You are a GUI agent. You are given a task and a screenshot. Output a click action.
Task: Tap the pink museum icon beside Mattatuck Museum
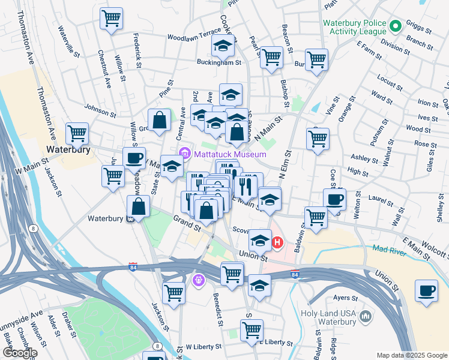pyautogui.click(x=184, y=154)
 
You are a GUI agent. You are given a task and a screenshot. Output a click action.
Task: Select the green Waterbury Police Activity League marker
pyautogui.click(x=396, y=27)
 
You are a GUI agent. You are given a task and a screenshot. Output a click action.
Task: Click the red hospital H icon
pyautogui.click(x=277, y=243)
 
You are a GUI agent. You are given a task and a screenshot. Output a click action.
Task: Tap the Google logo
pyautogui.click(x=19, y=352)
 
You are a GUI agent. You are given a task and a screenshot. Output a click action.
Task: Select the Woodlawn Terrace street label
pyautogui.click(x=190, y=37)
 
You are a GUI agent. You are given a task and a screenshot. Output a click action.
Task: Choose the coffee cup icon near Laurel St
pyautogui.click(x=334, y=199)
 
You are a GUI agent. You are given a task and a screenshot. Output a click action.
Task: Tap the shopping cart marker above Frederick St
pyautogui.click(x=111, y=18)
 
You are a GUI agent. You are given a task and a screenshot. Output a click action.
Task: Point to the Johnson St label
pyautogui.click(x=100, y=110)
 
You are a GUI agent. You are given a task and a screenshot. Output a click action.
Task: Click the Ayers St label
pyautogui.click(x=346, y=297)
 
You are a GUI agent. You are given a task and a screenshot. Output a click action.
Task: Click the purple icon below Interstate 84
pyautogui.click(x=199, y=279)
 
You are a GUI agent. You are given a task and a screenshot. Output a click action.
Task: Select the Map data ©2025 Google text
pyautogui.click(x=411, y=355)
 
